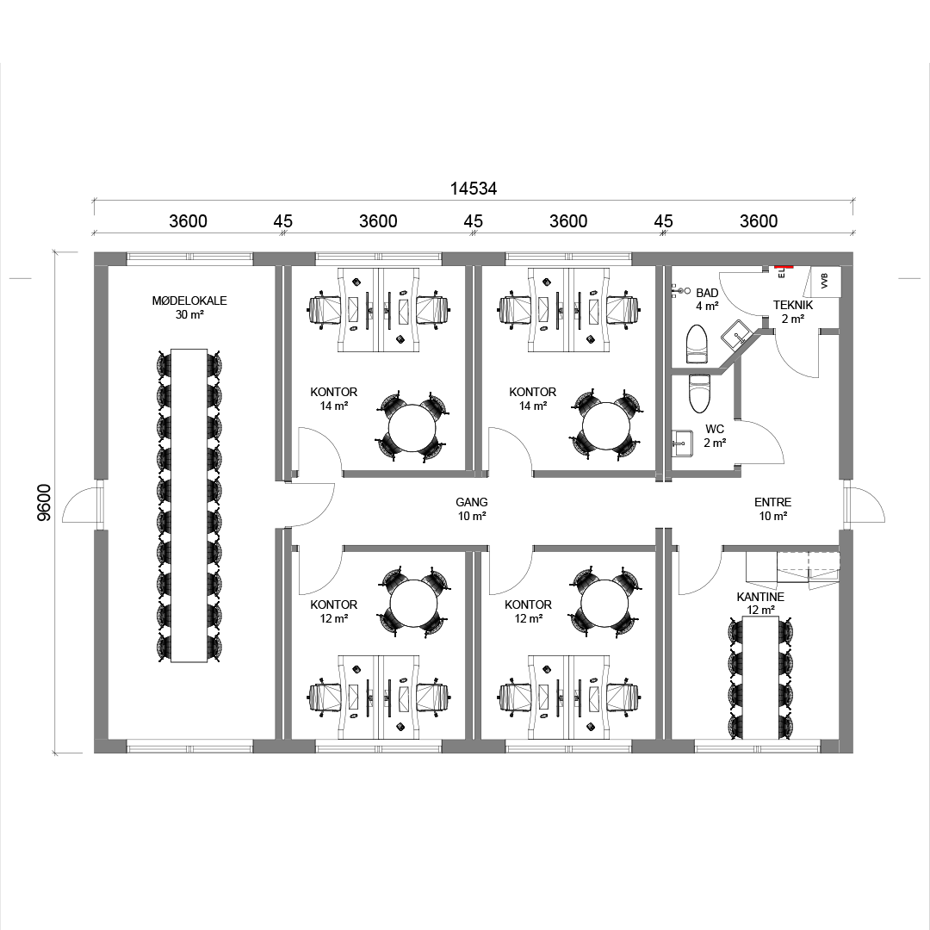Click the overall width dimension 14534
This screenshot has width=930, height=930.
coord(474,189)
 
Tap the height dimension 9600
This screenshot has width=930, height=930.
coord(45,503)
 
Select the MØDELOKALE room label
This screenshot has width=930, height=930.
coord(189,301)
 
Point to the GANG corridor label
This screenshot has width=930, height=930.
coord(472,502)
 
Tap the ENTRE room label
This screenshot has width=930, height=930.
coord(772,502)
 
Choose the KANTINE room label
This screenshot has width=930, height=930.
coord(760,597)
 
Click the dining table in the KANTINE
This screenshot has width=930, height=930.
coord(761,678)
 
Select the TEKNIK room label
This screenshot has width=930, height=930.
coord(793,305)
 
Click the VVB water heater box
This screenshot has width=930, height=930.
coord(824,281)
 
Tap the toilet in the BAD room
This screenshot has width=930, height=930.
coord(697,344)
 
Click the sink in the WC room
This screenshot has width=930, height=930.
coord(682,443)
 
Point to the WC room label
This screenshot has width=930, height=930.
coord(715,429)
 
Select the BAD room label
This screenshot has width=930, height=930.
coord(707,293)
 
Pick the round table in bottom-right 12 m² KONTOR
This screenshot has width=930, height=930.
coord(604,603)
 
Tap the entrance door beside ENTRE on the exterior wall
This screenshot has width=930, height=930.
coord(865,504)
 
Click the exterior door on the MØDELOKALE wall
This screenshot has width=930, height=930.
coord(82,504)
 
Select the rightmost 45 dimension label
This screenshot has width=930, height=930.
coord(663,221)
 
